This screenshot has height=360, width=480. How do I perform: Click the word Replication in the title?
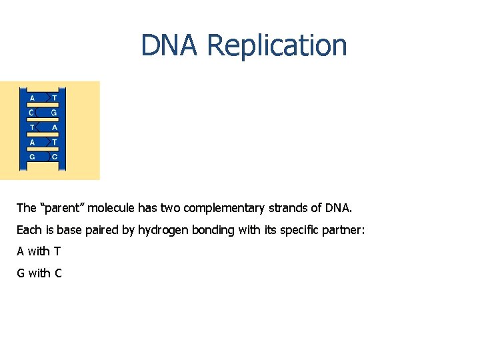point(277,45)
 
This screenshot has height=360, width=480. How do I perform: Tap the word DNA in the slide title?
point(170,45)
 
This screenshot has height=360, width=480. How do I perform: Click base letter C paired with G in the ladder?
point(32,112)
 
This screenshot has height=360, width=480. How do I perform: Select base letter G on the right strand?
point(54,112)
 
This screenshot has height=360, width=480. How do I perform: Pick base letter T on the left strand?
point(32,127)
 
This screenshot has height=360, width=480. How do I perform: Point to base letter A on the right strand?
point(54,127)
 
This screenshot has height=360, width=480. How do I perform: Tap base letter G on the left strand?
point(32,157)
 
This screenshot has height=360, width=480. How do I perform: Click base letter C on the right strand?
point(54,157)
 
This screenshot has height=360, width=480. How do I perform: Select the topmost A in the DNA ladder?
point(32,97)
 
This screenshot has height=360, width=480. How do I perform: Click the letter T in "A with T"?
point(57,251)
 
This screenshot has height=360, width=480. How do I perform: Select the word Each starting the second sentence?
point(28,230)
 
